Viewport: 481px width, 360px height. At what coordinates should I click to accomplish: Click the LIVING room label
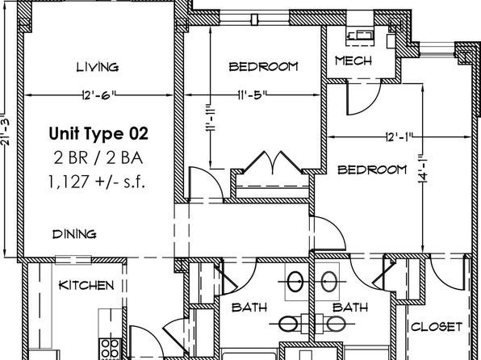(98, 67)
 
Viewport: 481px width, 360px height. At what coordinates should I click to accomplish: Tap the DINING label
(74, 234)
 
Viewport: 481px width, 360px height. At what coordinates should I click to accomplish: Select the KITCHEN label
(86, 286)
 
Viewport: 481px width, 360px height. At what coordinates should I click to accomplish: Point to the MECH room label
(353, 61)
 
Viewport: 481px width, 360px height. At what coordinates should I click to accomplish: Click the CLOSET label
(437, 327)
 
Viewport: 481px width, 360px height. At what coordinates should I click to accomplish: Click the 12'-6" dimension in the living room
(98, 94)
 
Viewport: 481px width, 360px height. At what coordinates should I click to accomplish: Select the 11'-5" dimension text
(252, 94)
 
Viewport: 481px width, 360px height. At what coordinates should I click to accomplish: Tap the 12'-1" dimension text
(399, 137)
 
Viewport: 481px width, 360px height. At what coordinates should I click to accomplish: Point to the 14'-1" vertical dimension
(423, 170)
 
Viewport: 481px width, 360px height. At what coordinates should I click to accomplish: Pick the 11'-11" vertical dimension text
(211, 119)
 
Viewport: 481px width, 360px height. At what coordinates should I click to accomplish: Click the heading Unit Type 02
(98, 133)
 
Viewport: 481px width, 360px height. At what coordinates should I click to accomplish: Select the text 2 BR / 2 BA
(98, 158)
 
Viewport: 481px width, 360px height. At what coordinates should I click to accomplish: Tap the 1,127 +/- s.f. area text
(96, 182)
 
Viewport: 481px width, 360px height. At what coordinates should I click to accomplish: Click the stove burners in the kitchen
(110, 349)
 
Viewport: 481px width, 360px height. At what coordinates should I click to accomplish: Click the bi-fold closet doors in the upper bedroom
(273, 162)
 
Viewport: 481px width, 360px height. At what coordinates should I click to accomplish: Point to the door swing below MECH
(363, 98)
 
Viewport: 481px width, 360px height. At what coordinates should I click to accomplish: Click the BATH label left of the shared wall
(249, 308)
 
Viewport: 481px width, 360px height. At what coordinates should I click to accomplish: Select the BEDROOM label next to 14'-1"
(372, 170)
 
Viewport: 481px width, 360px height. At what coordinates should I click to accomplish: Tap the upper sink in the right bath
(329, 282)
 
